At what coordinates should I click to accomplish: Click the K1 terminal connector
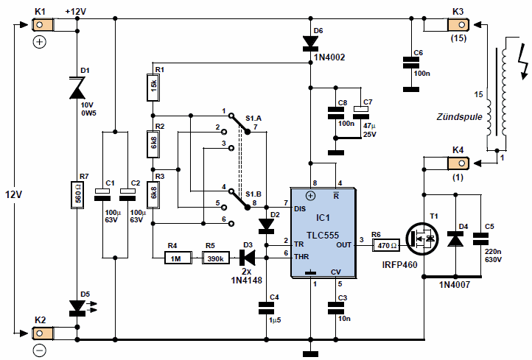pyautogui.click(x=43, y=25)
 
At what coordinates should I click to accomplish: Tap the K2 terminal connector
pyautogui.click(x=43, y=333)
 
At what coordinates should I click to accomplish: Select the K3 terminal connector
pyautogui.click(x=458, y=25)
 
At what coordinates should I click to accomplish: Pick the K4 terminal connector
pyautogui.click(x=458, y=163)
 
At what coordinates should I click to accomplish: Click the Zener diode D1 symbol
pyautogui.click(x=77, y=88)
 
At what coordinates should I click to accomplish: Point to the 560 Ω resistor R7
pyautogui.click(x=77, y=195)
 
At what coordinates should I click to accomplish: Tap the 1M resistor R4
pyautogui.click(x=178, y=258)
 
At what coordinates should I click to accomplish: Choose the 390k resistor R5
pyautogui.click(x=216, y=258)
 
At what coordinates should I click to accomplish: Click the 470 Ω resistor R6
pyautogui.click(x=386, y=245)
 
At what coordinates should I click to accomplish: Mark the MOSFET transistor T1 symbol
pyautogui.click(x=421, y=239)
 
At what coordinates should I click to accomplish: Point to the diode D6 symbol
pyautogui.click(x=310, y=43)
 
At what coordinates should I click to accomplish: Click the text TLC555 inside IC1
pyautogui.click(x=323, y=235)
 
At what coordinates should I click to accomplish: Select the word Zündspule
pyautogui.click(x=459, y=117)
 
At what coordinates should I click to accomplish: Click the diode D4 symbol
pyautogui.click(x=455, y=239)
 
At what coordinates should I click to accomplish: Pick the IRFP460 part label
pyautogui.click(x=399, y=265)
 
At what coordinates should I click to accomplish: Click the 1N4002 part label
pyautogui.click(x=329, y=57)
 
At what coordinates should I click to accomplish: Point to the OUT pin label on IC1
pyautogui.click(x=343, y=244)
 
